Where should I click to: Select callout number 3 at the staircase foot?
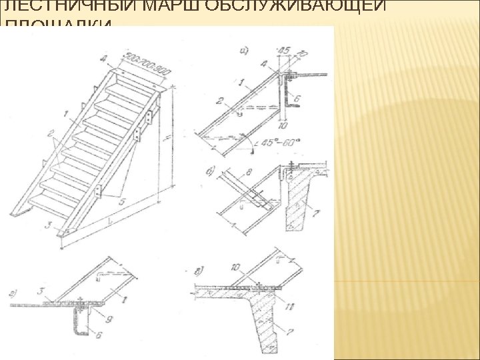tap(45, 225)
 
